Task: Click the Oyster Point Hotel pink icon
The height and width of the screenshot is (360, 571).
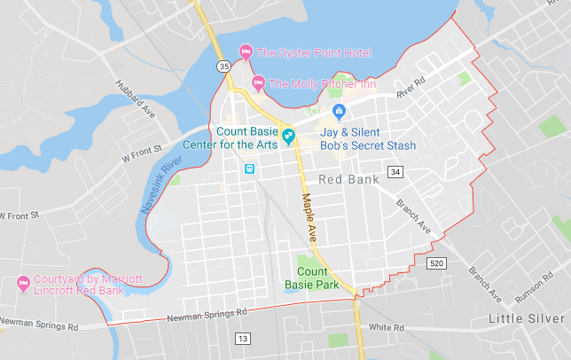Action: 246,52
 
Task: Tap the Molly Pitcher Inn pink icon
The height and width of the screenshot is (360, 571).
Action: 258,84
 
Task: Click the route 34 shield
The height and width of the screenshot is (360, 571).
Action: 395,171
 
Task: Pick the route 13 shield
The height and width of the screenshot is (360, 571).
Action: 243,338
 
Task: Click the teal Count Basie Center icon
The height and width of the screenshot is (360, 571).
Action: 288,137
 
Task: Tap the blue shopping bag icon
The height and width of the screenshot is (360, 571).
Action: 338,112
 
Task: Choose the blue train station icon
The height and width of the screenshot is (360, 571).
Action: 250,168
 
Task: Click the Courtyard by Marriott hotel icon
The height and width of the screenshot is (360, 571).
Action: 23,285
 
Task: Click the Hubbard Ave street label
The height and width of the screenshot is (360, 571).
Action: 134,98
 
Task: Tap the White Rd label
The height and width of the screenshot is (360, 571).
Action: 387,327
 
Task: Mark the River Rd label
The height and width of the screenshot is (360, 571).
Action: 412,92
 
